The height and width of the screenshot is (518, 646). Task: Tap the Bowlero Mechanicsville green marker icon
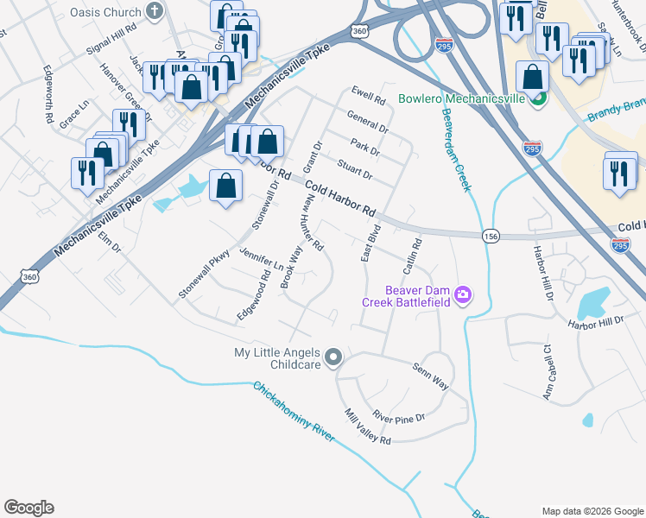click(537, 98)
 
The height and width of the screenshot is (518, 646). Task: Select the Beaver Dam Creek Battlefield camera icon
click(463, 296)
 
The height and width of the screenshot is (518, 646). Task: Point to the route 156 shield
click(491, 236)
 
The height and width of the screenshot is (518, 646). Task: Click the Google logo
click(28, 508)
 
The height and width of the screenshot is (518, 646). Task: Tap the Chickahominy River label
click(293, 412)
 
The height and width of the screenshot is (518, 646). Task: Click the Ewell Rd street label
click(368, 95)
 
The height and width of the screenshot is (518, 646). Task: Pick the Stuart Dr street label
click(353, 169)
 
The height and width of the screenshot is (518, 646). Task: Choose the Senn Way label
click(429, 377)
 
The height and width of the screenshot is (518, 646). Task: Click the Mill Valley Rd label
click(367, 426)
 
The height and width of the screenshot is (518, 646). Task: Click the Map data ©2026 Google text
click(592, 511)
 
